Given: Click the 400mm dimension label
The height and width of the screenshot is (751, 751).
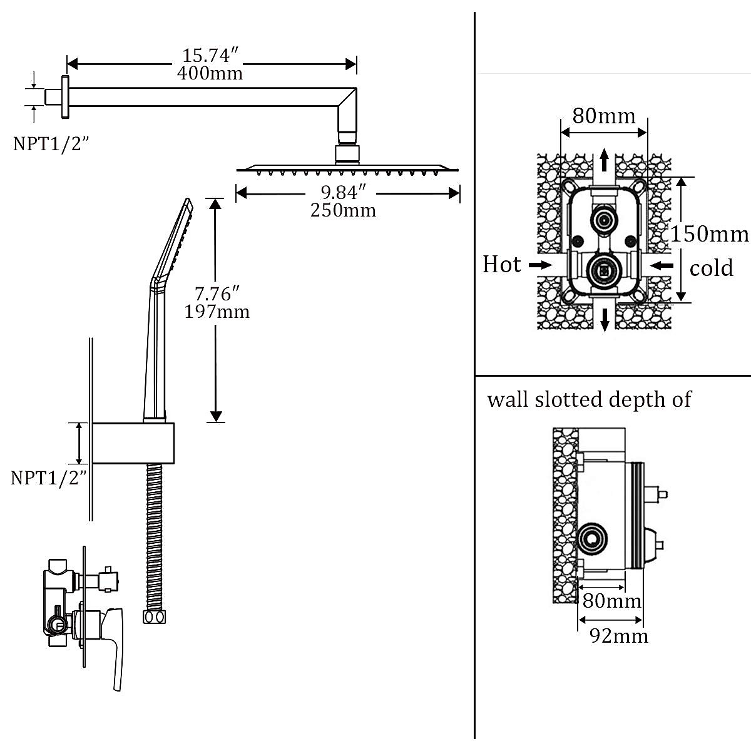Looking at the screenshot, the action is (210, 73).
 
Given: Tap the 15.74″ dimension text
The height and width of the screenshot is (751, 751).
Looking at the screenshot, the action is (210, 55).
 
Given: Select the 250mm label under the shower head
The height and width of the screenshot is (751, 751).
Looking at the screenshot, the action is (344, 210).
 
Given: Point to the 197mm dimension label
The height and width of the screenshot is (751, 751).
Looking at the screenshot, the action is (217, 312).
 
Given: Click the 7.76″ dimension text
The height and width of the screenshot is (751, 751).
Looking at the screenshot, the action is (217, 294).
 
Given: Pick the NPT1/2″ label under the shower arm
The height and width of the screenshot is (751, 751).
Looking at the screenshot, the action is (51, 144).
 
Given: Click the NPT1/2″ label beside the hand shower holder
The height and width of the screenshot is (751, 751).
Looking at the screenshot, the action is (49, 478).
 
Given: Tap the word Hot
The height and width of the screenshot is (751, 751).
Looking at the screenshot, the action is (501, 265).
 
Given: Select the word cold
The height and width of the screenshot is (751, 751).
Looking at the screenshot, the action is (711, 268).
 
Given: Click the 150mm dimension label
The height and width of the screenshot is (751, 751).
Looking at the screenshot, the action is (710, 234).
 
